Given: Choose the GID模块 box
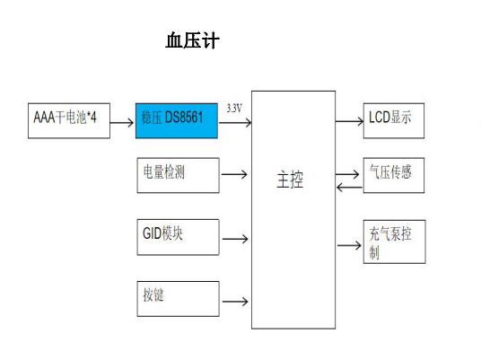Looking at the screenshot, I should [177, 236].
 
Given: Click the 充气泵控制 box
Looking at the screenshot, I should [395, 242].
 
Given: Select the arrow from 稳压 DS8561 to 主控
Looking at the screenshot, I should [234, 120].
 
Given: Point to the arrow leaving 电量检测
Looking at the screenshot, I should [234, 174].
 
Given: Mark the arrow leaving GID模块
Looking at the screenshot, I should [234, 239].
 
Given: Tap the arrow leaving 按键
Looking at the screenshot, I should [234, 301].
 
